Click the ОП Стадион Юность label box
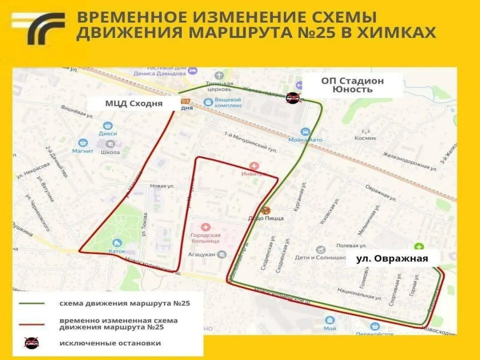tap(352, 85)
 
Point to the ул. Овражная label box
tap(391, 258)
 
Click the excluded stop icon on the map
tap(293, 97)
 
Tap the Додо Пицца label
tap(266, 218)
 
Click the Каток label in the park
tap(117, 250)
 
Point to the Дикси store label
tap(107, 133)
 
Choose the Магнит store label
tap(82, 151)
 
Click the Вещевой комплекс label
tap(228, 102)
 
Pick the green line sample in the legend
tap(32, 303)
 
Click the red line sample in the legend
tap(32, 323)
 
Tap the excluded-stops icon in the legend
tap(31, 343)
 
